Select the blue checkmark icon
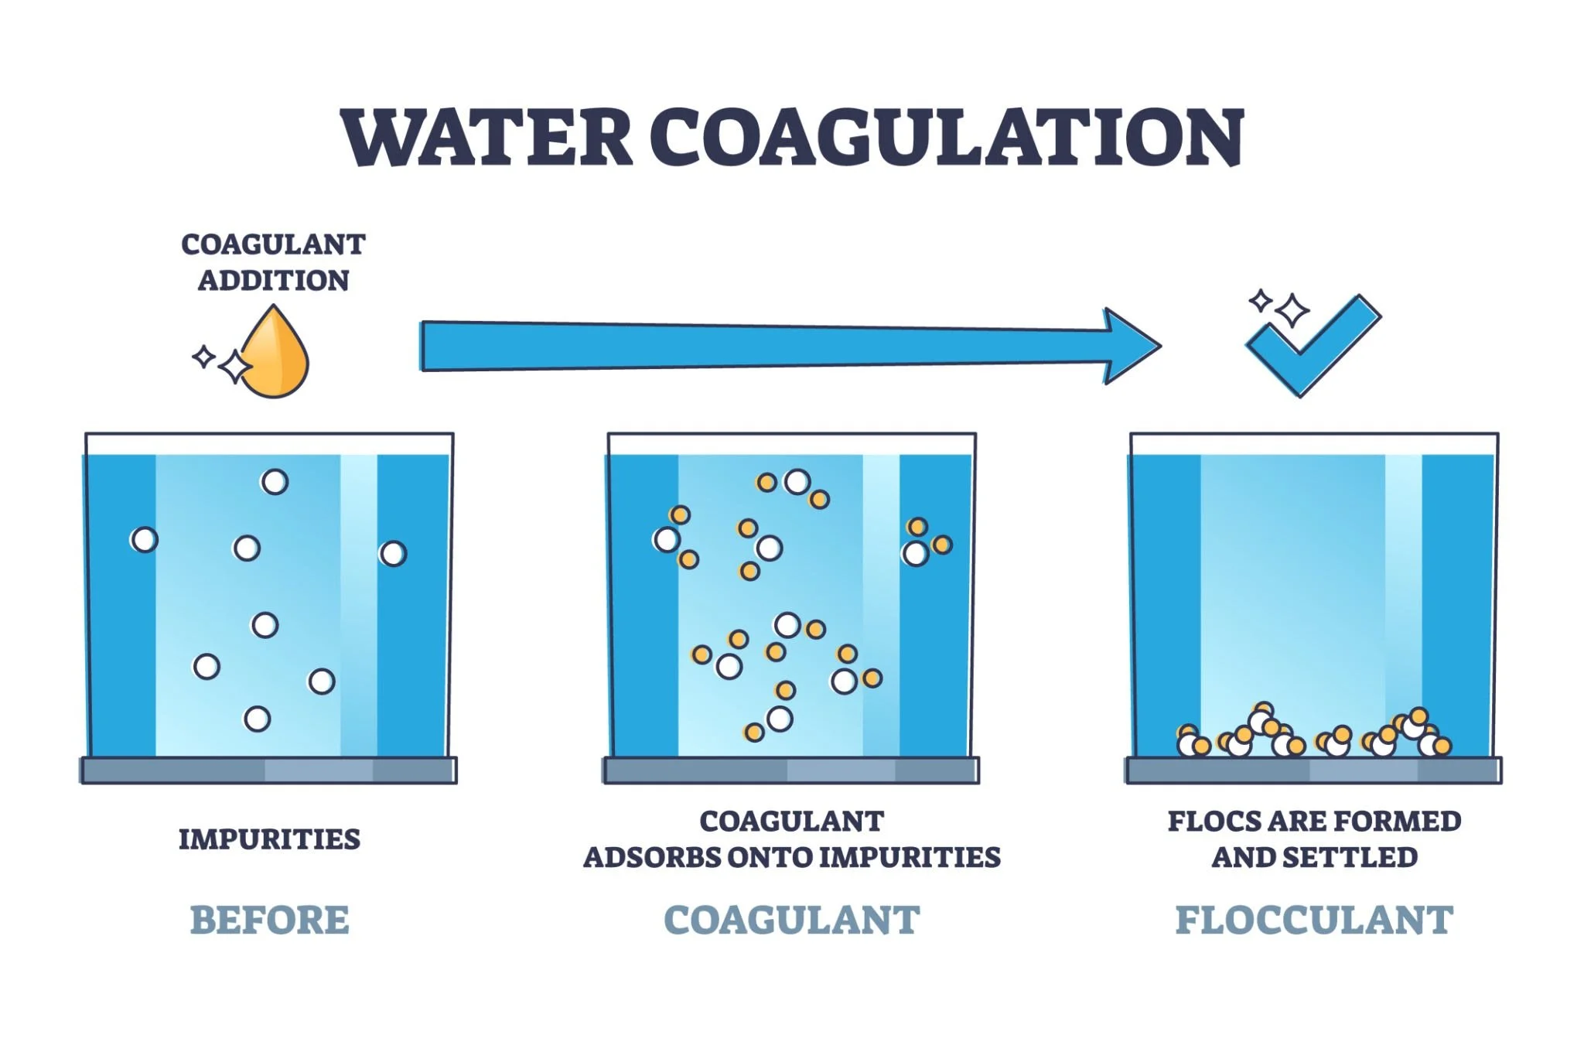[1313, 346]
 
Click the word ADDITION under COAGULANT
[274, 280]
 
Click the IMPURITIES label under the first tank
[269, 839]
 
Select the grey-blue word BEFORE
[269, 921]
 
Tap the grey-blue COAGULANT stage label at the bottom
[791, 921]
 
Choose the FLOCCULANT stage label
[1314, 921]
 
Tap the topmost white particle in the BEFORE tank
[275, 482]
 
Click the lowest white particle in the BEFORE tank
[258, 719]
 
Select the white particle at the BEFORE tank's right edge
[393, 554]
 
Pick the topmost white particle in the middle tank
[797, 482]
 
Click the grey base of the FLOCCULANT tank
[1313, 770]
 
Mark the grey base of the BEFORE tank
[269, 770]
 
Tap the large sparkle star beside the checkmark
[1292, 311]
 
